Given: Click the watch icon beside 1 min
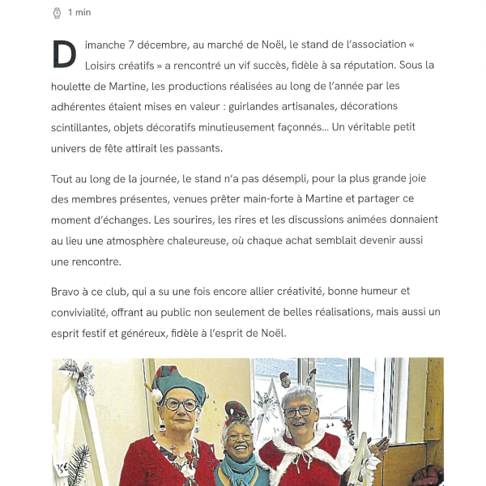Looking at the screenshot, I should click(57, 12).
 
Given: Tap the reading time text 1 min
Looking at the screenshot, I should click(79, 12).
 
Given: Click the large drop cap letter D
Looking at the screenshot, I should click(64, 54).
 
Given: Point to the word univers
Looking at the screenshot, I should click(69, 148).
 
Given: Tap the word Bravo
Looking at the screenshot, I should click(66, 291).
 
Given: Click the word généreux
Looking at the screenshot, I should click(171, 333).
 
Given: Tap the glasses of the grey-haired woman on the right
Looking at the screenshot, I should click(298, 411).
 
